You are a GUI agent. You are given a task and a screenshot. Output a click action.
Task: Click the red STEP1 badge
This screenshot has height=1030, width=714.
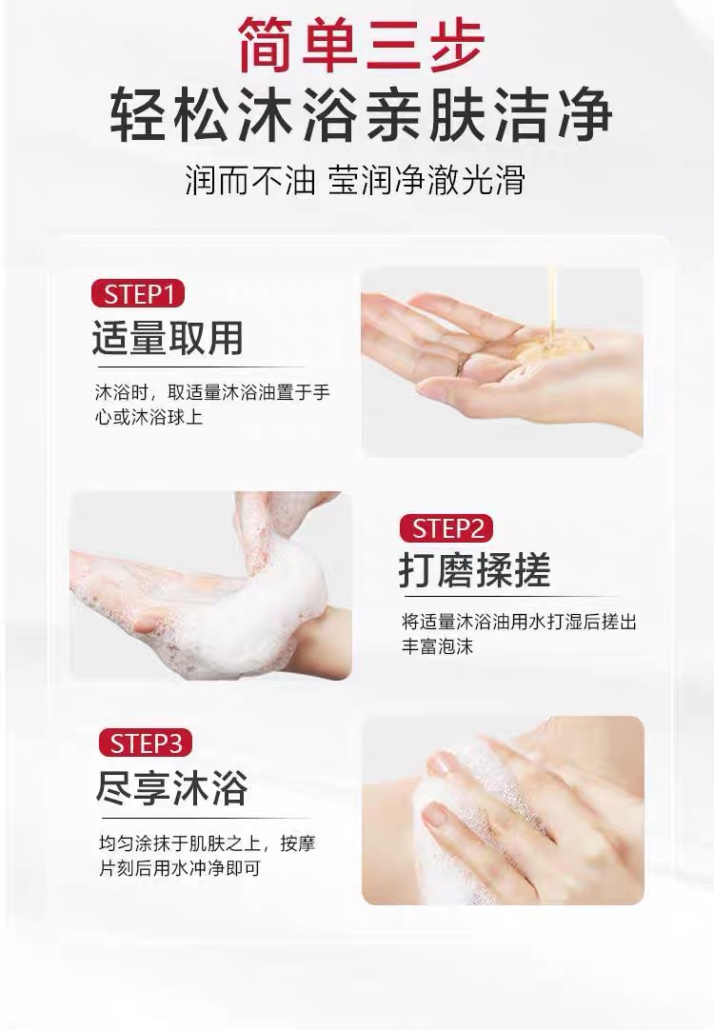coord(138,293)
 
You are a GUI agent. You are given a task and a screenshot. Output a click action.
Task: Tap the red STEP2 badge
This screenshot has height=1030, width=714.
coord(446,528)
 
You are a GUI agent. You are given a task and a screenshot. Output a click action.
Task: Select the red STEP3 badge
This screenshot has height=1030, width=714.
coord(145,743)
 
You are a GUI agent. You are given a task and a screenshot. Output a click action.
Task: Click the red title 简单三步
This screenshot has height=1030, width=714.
coord(361,44)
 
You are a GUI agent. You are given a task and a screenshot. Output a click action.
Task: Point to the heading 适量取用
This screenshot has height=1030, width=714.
coord(168,338)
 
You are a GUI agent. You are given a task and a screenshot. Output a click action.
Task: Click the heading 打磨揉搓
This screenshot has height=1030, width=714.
coord(474,570)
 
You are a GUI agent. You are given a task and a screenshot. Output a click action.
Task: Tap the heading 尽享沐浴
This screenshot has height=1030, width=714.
coord(172,787)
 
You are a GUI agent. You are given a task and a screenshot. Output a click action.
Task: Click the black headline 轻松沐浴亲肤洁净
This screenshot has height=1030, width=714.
coord(361,115)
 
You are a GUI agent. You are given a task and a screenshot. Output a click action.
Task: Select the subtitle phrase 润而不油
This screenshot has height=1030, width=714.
coord(250,179)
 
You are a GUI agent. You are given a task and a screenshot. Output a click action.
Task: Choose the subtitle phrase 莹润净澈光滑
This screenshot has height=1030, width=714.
coord(426,179)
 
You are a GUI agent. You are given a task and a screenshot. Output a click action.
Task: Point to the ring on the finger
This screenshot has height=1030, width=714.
coord(462,366)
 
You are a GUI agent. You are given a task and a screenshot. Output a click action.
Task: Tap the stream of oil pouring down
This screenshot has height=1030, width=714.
coord(552,298)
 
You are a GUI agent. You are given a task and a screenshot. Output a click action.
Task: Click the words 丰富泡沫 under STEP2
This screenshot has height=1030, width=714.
coord(438,645)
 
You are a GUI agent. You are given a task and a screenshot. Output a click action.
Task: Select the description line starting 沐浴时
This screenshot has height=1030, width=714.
coord(213,393)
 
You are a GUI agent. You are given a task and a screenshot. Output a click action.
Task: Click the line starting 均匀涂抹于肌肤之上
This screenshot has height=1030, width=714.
coord(208,842)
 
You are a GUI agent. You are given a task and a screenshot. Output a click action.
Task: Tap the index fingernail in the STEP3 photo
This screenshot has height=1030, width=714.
coord(435,815)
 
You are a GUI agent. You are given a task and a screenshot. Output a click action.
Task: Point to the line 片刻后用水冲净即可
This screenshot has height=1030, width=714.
coord(180,868)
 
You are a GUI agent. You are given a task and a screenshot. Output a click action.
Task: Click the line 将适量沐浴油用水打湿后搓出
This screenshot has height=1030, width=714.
coord(520,621)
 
